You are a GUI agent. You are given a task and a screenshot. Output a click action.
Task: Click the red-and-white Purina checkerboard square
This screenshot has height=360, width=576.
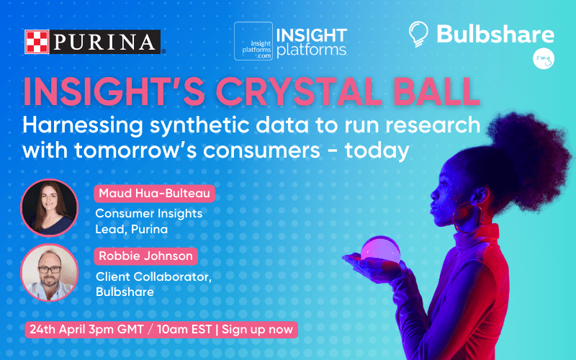(37, 42)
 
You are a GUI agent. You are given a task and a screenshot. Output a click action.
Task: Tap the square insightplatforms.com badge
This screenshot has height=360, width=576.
(253, 41)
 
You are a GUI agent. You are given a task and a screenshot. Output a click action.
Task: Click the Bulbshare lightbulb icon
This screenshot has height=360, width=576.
(418, 34)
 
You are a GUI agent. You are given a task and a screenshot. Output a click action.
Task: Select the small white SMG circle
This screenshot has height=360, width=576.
(544, 59)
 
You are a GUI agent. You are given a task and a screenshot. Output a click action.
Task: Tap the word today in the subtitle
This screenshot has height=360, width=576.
(377, 150)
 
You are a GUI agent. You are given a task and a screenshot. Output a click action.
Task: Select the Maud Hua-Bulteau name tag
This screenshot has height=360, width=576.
(154, 194)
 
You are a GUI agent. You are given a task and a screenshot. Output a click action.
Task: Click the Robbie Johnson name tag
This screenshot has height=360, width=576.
(146, 256)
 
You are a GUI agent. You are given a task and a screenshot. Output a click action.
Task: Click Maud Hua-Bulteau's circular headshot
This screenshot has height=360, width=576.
(49, 207)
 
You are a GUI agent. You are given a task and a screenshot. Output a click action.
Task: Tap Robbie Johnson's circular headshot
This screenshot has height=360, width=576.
(49, 272)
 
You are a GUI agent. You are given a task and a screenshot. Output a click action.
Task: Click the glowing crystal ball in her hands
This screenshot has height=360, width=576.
(380, 251)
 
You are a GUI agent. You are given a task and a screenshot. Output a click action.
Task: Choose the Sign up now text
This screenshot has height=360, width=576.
(257, 329)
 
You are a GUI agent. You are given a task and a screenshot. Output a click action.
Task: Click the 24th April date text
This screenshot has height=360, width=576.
(57, 329)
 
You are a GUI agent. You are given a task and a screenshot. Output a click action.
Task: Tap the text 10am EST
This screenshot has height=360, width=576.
(184, 329)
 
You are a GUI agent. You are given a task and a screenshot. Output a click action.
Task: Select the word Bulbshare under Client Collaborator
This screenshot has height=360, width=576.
(125, 292)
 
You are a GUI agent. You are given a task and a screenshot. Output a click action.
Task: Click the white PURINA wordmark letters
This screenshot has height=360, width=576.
(104, 42)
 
